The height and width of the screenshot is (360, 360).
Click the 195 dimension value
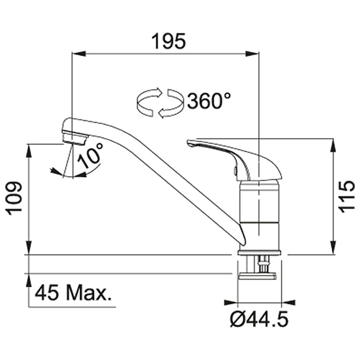[168, 41]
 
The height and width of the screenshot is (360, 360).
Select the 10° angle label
[90, 155]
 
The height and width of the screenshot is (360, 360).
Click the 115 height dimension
[347, 197]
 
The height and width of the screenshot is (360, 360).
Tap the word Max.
[87, 293]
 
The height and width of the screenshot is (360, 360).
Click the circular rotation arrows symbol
[160, 103]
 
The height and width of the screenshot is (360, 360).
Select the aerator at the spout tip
[75, 138]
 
